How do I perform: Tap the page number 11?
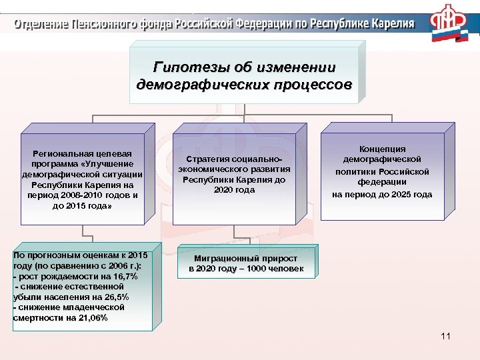(x=446, y=336)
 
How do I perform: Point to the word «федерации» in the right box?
(x=382, y=182)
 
